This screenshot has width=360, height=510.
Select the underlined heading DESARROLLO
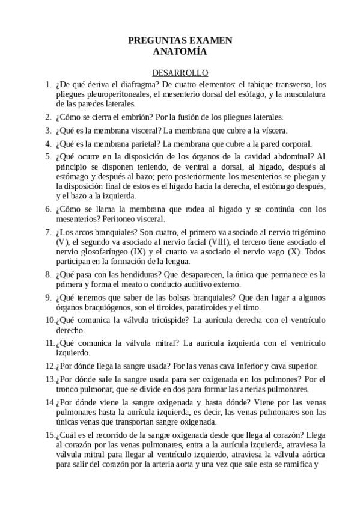180,72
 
